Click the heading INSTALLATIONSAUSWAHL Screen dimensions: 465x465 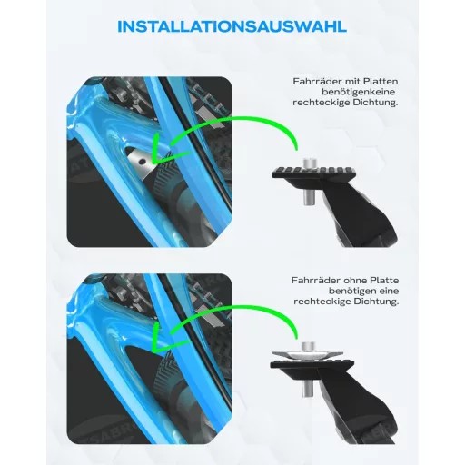click(232, 26)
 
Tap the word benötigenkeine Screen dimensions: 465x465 click(359, 92)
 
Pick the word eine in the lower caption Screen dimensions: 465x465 click(387, 292)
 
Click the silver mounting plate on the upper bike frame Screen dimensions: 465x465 click(140, 163)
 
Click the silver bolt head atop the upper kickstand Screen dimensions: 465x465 click(310, 163)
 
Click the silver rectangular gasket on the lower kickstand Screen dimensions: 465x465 click(307, 354)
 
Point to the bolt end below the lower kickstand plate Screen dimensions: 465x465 click(307, 389)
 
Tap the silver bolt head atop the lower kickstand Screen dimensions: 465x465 click(309, 347)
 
